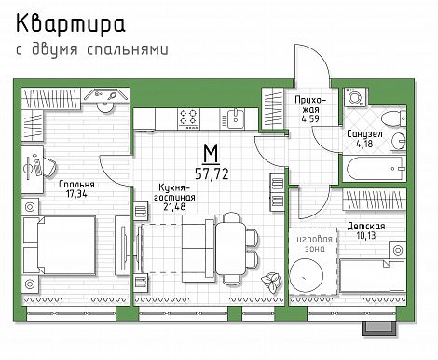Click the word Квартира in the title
click(71, 24)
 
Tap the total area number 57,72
click(212, 173)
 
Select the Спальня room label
click(76, 185)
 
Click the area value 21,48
click(174, 206)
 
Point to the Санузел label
click(364, 134)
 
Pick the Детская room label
click(366, 226)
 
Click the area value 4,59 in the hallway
click(310, 118)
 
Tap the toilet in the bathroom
click(393, 118)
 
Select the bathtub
click(375, 169)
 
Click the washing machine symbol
click(355, 98)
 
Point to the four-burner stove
click(188, 118)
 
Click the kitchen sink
click(235, 118)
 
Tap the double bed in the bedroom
click(59, 245)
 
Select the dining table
click(231, 248)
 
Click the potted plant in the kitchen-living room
click(271, 282)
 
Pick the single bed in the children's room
click(372, 276)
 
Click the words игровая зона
click(314, 243)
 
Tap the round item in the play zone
click(307, 275)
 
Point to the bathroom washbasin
click(398, 142)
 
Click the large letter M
click(212, 153)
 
